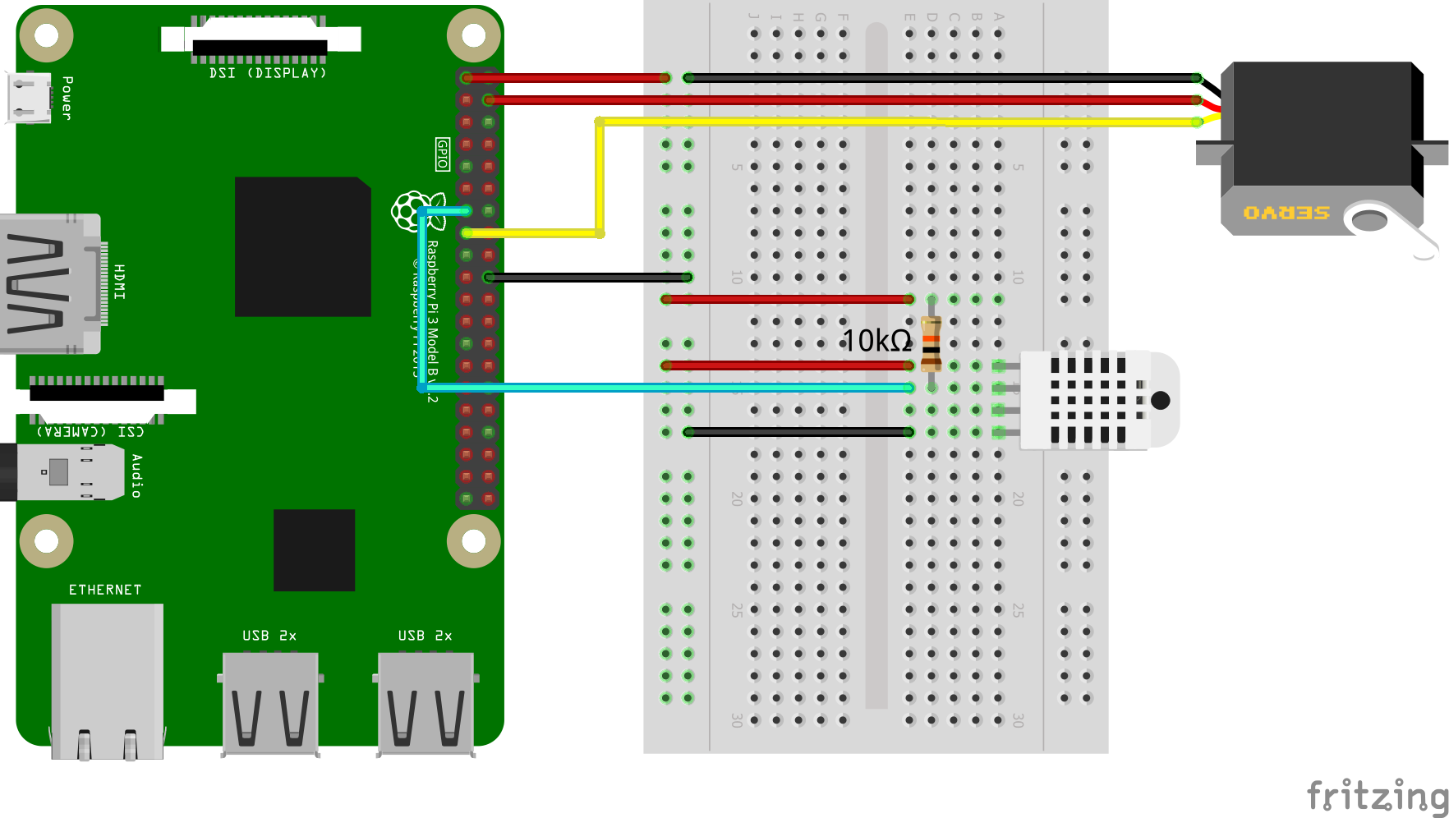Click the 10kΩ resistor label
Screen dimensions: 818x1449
[x=876, y=341]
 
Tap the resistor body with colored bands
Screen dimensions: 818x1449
[x=931, y=343]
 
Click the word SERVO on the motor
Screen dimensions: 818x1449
[x=1286, y=213]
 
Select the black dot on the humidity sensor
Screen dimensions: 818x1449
[x=1160, y=400]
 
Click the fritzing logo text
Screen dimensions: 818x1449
[x=1376, y=795]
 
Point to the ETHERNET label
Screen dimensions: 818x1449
[x=105, y=590]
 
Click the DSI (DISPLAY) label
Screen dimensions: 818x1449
[x=268, y=73]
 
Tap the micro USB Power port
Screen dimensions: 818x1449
[x=27, y=97]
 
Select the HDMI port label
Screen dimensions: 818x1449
[x=120, y=282]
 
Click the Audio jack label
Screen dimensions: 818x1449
[x=136, y=476]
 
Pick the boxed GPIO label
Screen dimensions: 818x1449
[x=443, y=154]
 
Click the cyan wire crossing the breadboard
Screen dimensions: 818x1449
[x=657, y=387]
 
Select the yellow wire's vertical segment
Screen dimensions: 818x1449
[x=600, y=177]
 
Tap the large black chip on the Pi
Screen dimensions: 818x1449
[x=302, y=246]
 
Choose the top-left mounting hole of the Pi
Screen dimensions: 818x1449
[x=47, y=35]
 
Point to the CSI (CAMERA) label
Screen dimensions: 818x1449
[x=90, y=431]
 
